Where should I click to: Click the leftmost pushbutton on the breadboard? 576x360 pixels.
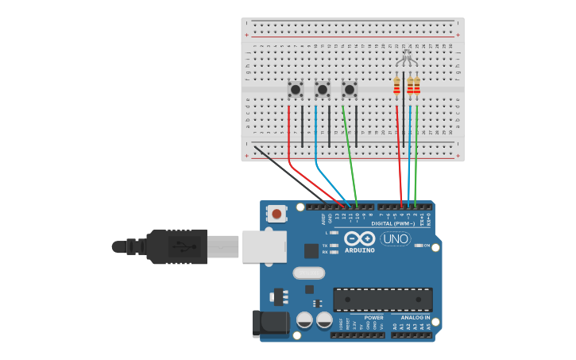[296, 90]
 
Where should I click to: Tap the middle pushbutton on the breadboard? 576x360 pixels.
[323, 90]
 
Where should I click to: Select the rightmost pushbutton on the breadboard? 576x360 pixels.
[350, 90]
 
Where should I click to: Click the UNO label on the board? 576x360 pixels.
[395, 238]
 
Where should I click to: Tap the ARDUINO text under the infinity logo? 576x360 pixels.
[359, 250]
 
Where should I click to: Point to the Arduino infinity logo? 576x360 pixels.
[359, 238]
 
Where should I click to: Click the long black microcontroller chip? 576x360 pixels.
[383, 300]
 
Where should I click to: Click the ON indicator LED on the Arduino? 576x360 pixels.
[419, 246]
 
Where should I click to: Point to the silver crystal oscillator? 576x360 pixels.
[308, 273]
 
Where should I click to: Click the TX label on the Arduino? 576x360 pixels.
[325, 246]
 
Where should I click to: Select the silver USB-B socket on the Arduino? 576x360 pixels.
[264, 246]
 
